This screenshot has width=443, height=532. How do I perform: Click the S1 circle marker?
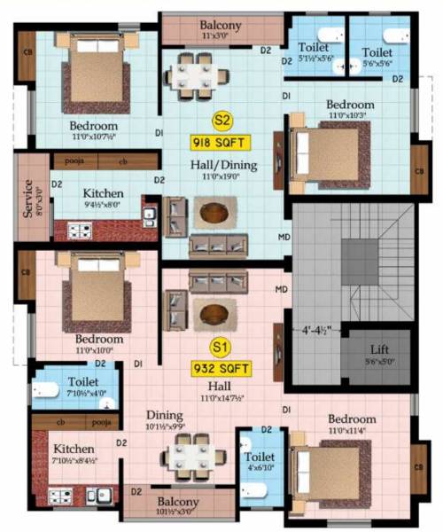pyautogui.click(x=218, y=346)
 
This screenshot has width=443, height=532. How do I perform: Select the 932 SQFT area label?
pyautogui.click(x=218, y=367)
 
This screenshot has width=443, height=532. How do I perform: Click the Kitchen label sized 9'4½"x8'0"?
pyautogui.click(x=103, y=193)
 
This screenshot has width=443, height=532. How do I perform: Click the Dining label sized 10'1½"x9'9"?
pyautogui.click(x=166, y=415)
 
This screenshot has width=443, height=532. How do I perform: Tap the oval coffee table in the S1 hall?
pyautogui.click(x=214, y=311)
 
